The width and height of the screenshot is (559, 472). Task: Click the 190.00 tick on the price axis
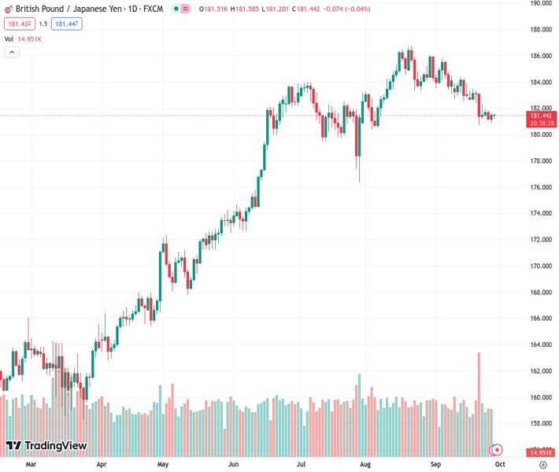coord(540,3)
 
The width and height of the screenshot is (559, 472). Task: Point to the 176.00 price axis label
coord(540,187)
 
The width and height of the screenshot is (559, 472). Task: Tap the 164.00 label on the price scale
coord(540,345)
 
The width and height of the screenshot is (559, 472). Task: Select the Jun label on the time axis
coord(233,465)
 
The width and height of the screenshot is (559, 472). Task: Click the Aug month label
coord(365,465)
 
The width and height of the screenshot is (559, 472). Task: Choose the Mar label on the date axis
coord(31,465)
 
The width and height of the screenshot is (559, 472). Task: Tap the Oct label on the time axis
coord(498,465)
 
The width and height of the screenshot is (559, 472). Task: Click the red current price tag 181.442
coord(541,116)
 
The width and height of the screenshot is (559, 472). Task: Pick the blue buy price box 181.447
coord(67,24)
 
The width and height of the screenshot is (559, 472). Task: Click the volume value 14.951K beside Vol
coord(29,39)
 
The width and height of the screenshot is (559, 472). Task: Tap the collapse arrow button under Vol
coord(12,52)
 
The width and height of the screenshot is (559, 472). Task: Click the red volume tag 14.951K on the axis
coord(541,453)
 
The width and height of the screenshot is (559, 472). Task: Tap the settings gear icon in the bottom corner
coord(542,465)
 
